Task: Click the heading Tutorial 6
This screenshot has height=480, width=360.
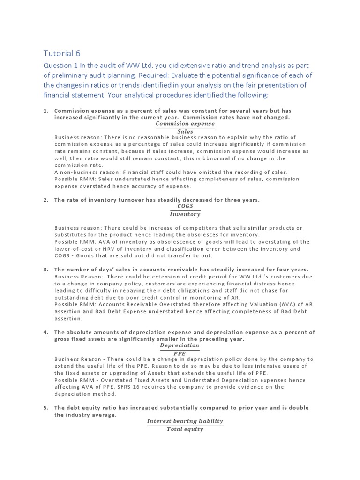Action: [x=65, y=53]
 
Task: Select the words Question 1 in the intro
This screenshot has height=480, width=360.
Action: [x=60, y=66]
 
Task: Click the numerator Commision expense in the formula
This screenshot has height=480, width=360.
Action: [x=185, y=124]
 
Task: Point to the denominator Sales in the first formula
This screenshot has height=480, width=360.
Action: [x=185, y=132]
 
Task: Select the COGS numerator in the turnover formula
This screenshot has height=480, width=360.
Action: [x=185, y=206]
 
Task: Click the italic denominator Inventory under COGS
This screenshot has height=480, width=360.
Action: [x=185, y=214]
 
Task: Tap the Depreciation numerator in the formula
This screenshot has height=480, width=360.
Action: [x=180, y=345]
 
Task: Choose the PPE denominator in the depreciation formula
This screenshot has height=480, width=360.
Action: [x=180, y=353]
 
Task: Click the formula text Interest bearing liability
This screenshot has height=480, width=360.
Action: [x=185, y=421]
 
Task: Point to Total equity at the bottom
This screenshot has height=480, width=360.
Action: [x=185, y=429]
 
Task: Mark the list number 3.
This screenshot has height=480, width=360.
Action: [x=46, y=270]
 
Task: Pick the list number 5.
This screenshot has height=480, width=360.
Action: [x=46, y=408]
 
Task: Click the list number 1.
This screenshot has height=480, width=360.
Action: [x=46, y=111]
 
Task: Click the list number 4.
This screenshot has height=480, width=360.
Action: [x=46, y=332]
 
